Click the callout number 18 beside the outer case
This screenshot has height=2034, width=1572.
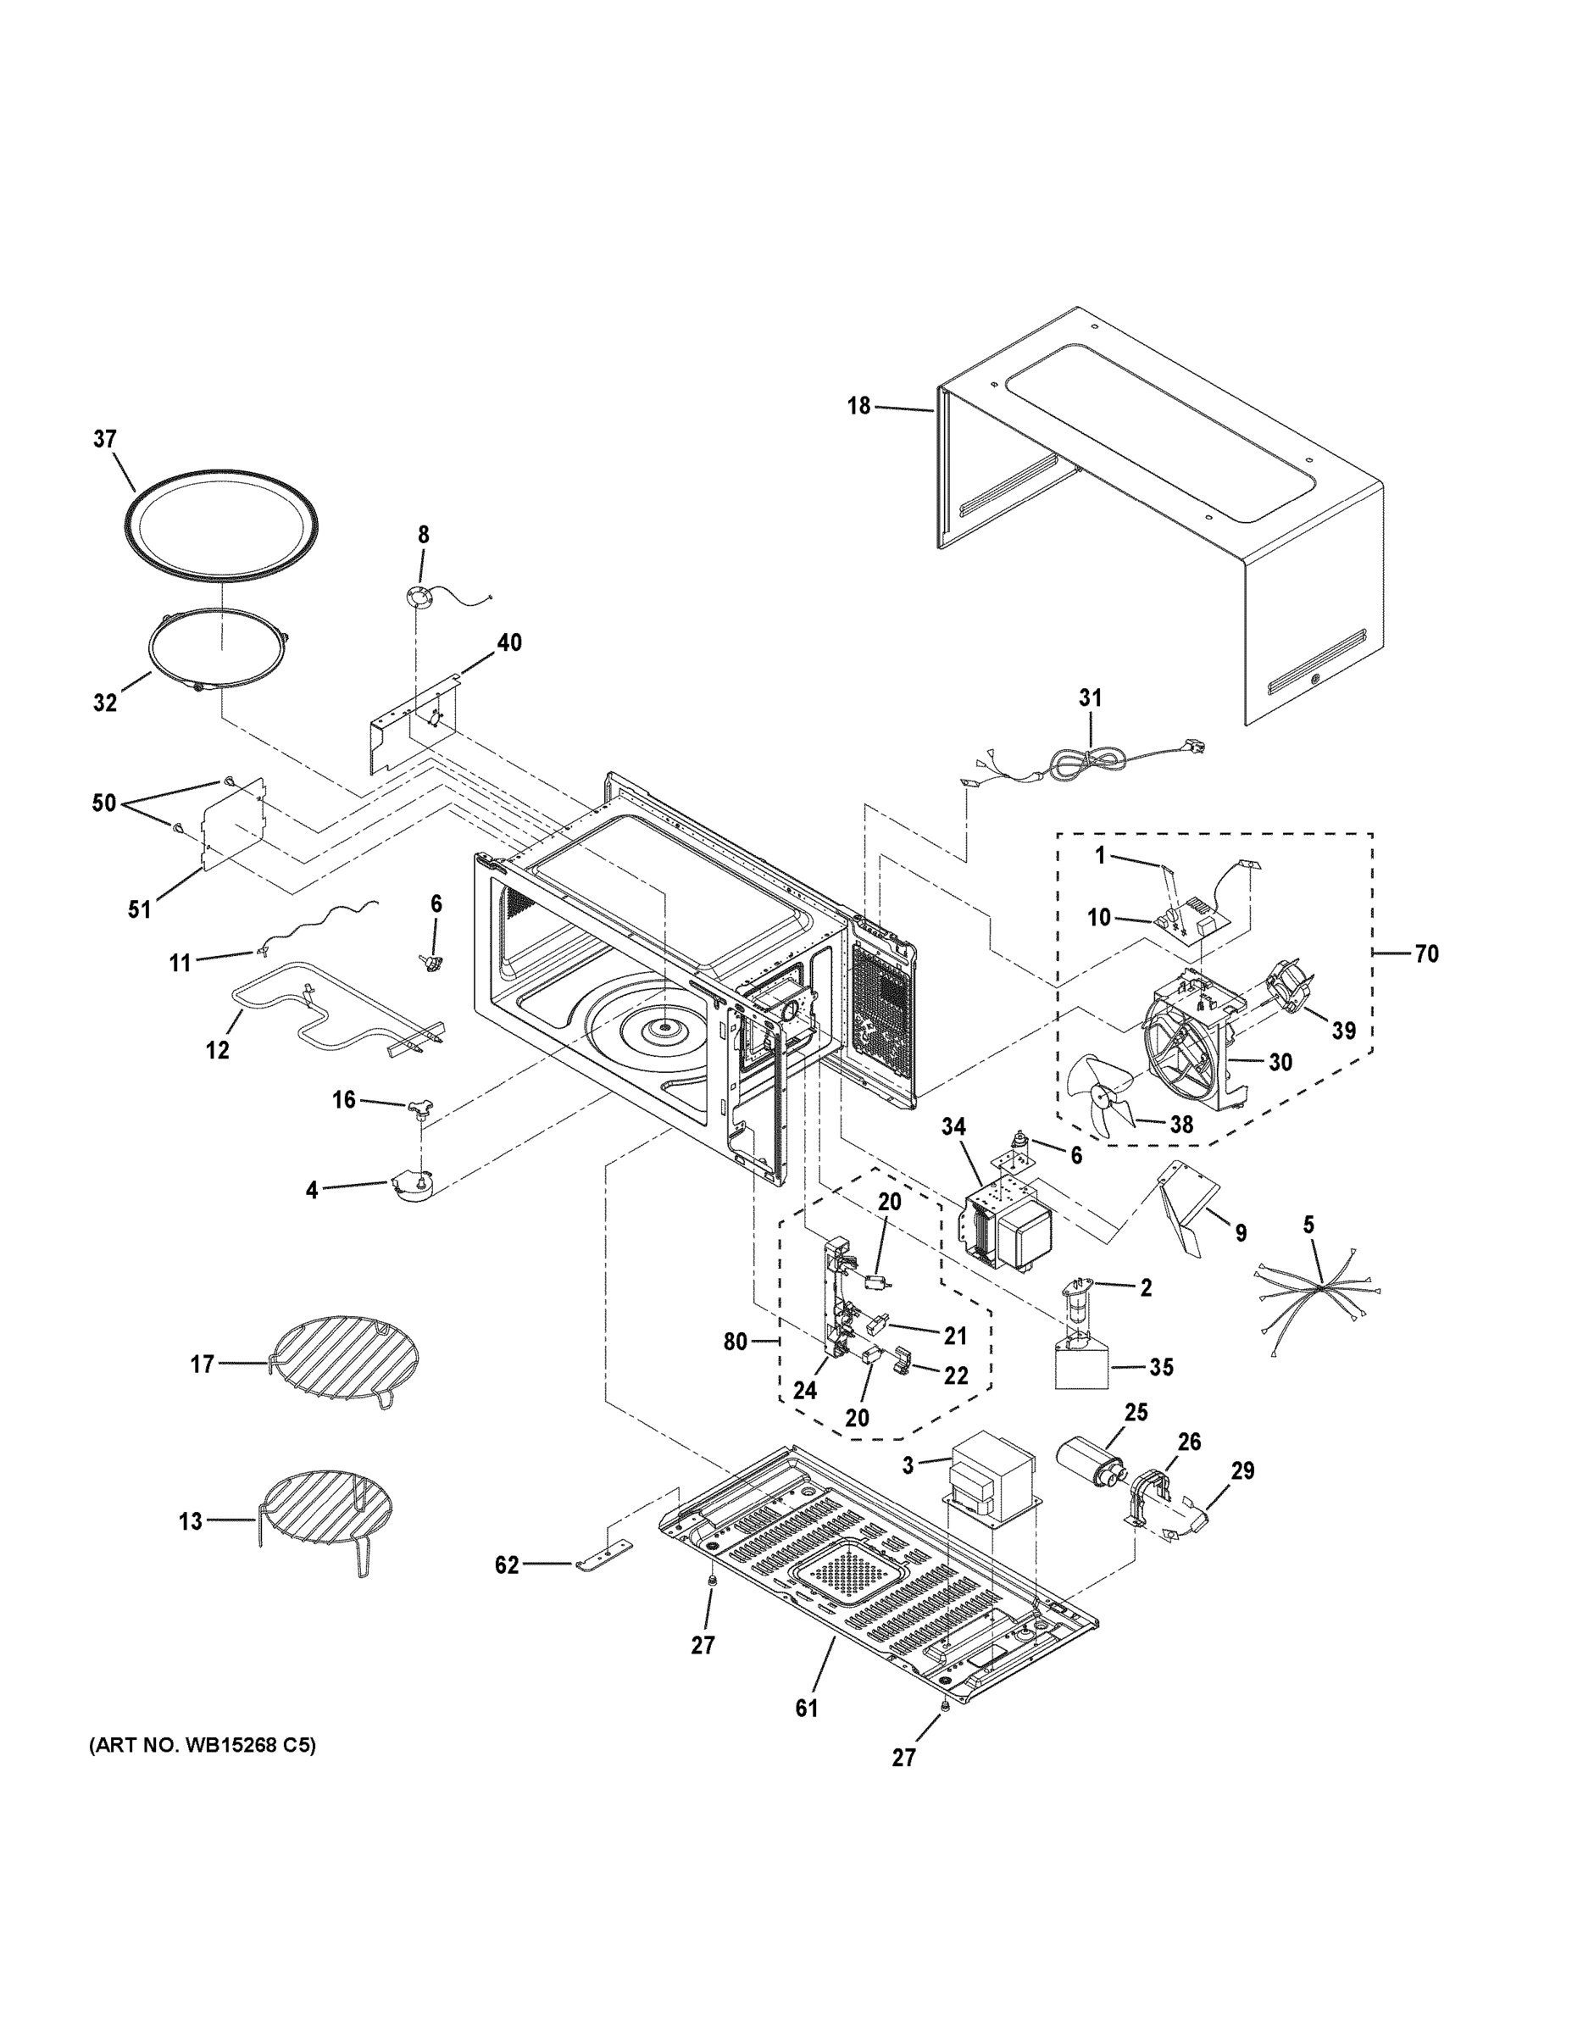(x=858, y=405)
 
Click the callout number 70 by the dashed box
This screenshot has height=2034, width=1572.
(x=1425, y=953)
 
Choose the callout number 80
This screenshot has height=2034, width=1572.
(x=735, y=1341)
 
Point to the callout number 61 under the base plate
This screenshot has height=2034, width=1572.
(x=807, y=1708)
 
